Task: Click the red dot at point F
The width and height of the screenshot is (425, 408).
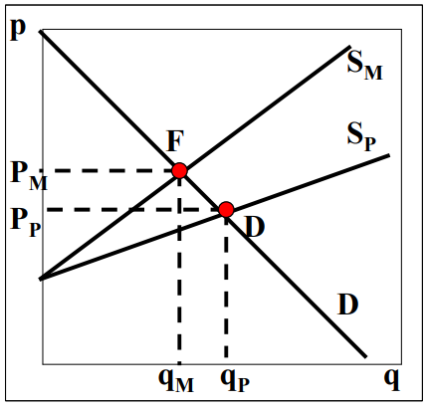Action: pyautogui.click(x=179, y=170)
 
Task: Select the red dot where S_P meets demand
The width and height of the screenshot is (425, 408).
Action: pyautogui.click(x=226, y=209)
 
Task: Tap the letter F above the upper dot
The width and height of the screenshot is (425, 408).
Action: pyautogui.click(x=175, y=141)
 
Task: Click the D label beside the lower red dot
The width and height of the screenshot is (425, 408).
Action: pyautogui.click(x=256, y=227)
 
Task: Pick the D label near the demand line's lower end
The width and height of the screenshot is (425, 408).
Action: pyautogui.click(x=348, y=305)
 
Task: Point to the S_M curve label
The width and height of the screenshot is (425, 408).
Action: pyautogui.click(x=365, y=66)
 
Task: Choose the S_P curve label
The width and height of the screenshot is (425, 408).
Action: pyautogui.click(x=361, y=136)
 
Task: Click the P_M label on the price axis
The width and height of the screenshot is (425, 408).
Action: pyautogui.click(x=29, y=177)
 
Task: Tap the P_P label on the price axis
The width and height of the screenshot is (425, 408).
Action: pyautogui.click(x=26, y=223)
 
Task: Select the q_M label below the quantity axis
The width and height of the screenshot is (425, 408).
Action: pyautogui.click(x=176, y=381)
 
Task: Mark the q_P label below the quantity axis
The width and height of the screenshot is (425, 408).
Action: pyautogui.click(x=235, y=381)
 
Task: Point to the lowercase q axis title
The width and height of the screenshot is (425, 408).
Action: pyautogui.click(x=392, y=380)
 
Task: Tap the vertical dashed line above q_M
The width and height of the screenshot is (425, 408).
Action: pyautogui.click(x=179, y=268)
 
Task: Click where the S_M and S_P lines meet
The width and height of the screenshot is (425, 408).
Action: pyautogui.click(x=41, y=279)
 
